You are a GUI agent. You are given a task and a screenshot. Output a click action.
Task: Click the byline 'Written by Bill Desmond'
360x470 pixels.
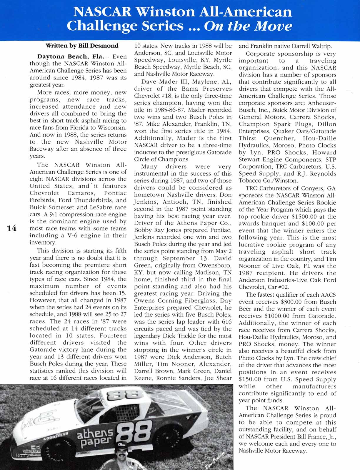[82, 46]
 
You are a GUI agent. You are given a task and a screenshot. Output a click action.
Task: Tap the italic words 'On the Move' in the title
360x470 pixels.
[248, 26]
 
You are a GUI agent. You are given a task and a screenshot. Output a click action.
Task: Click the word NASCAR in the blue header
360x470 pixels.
[102, 12]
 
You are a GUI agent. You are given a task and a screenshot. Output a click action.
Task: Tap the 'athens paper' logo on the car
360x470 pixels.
[95, 436]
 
